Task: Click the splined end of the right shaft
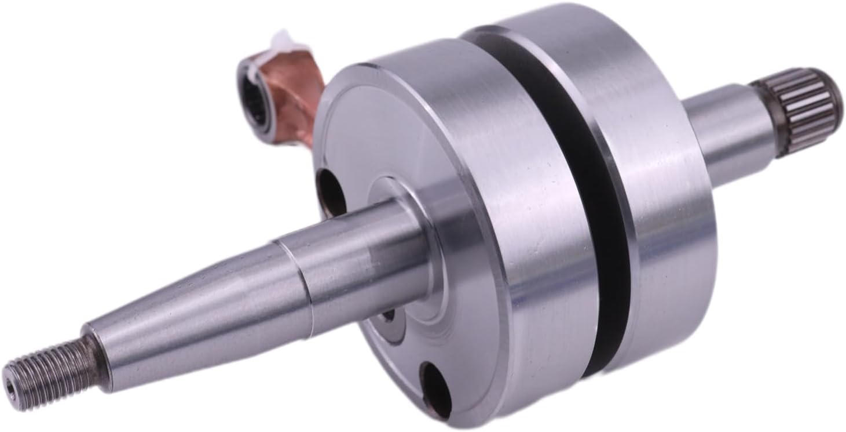805,110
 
